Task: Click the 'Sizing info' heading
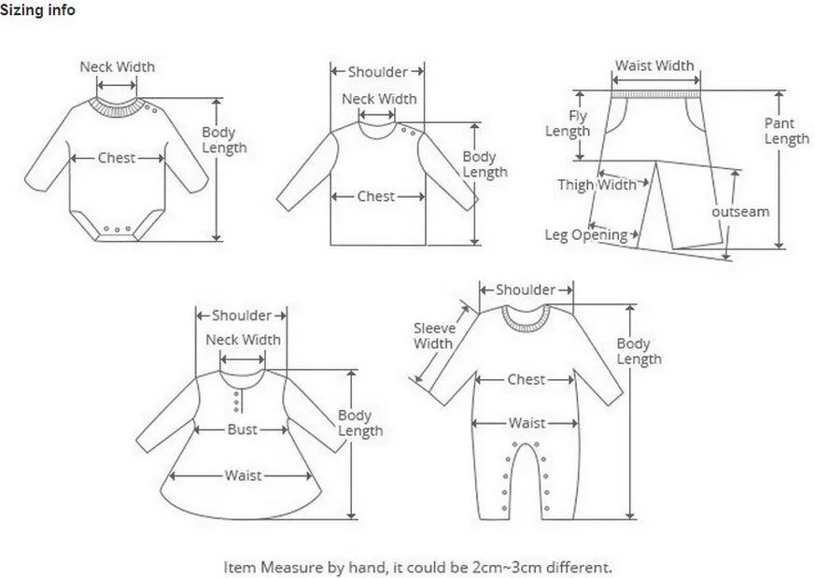pos(37,10)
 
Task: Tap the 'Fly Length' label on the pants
pos(568,123)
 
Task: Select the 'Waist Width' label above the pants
pos(654,65)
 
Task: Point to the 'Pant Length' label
pos(786,131)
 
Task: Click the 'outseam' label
pos(740,212)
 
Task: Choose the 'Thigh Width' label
pos(597,185)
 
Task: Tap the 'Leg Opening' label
pos(585,235)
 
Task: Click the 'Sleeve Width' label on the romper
pos(433,336)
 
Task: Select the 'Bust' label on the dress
pos(242,430)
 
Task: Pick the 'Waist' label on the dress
pos(243,475)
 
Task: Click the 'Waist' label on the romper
pos(527,423)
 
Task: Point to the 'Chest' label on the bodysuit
pos(117,158)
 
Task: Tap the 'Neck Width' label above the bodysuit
pos(117,67)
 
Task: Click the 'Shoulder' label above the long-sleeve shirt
pos(377,72)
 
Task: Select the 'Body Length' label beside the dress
pos(360,423)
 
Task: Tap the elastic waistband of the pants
pos(656,94)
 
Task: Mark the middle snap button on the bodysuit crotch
pos(117,229)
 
